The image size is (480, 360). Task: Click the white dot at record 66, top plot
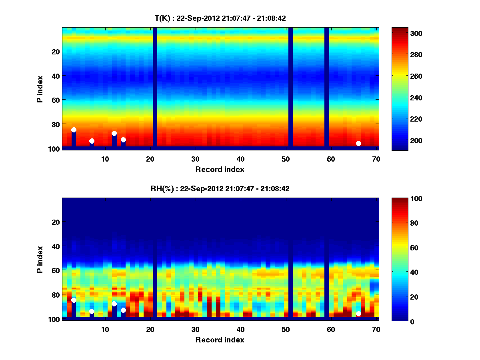point(358,143)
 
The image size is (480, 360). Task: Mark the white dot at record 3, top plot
point(74,130)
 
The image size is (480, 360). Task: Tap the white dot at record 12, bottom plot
point(114,304)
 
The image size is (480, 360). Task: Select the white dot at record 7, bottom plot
point(92,311)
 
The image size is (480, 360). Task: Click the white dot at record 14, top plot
point(123,140)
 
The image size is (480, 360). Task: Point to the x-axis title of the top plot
point(220,169)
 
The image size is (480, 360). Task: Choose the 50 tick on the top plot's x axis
point(286,159)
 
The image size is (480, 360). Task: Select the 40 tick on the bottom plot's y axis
point(56,246)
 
